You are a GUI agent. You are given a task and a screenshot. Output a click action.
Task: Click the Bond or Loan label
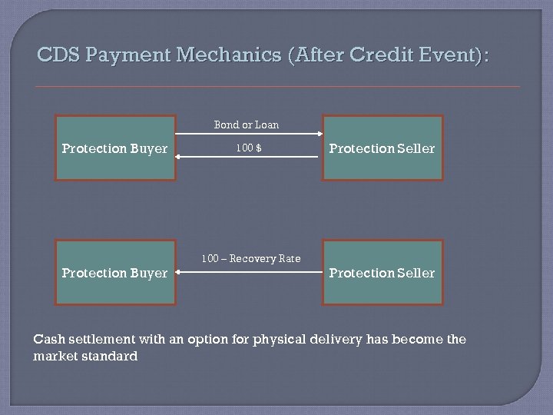[246, 124]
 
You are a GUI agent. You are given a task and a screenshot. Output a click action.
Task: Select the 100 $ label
[249, 148]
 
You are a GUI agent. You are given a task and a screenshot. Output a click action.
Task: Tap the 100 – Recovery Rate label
[250, 258]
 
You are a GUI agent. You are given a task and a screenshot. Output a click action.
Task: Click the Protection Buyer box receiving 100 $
[115, 148]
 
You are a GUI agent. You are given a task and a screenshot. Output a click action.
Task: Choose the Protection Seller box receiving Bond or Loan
[382, 148]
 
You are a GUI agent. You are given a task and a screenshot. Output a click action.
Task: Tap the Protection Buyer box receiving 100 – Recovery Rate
[115, 273]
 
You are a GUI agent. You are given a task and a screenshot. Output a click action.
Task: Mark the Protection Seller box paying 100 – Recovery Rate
[382, 273]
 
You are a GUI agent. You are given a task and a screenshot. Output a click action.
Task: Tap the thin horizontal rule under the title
[276, 87]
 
